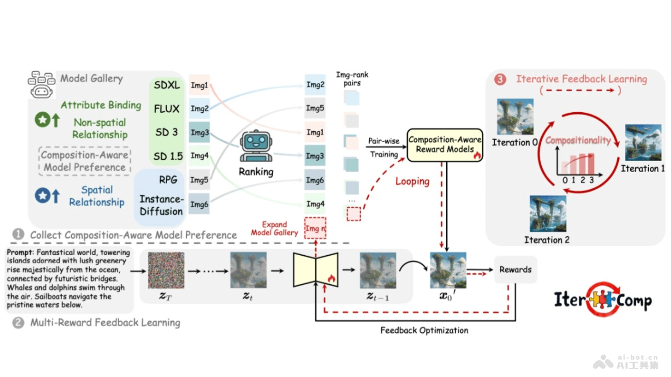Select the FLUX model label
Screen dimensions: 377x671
(167, 109)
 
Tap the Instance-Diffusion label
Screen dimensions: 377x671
(161, 205)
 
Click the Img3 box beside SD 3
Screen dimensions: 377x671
(199, 133)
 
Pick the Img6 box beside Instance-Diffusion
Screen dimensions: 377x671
(199, 204)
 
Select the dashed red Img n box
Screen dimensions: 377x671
(315, 228)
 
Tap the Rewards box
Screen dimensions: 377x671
(516, 269)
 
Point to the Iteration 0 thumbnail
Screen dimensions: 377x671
(515, 117)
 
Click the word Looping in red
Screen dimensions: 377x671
(412, 182)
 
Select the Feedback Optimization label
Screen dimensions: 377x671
(424, 330)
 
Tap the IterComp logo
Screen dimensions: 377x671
(602, 300)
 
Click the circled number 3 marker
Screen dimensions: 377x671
(500, 79)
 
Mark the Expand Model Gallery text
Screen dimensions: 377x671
(275, 228)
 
